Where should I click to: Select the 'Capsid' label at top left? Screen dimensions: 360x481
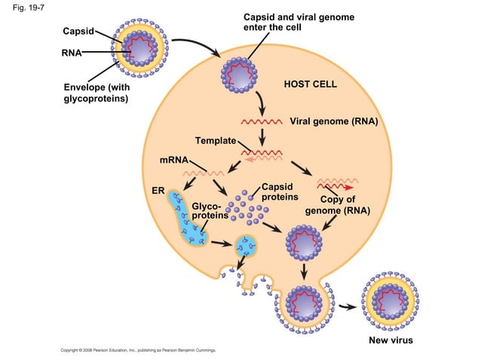click(x=78, y=32)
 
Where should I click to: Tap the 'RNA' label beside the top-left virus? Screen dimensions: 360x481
click(x=72, y=53)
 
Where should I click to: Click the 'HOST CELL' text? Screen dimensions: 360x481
click(x=310, y=84)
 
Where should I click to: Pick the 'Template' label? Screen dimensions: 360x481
click(x=215, y=141)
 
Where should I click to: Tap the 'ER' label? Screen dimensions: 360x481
click(x=158, y=189)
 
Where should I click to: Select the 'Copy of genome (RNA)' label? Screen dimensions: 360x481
click(x=337, y=205)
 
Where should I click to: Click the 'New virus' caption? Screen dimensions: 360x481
click(x=391, y=340)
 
